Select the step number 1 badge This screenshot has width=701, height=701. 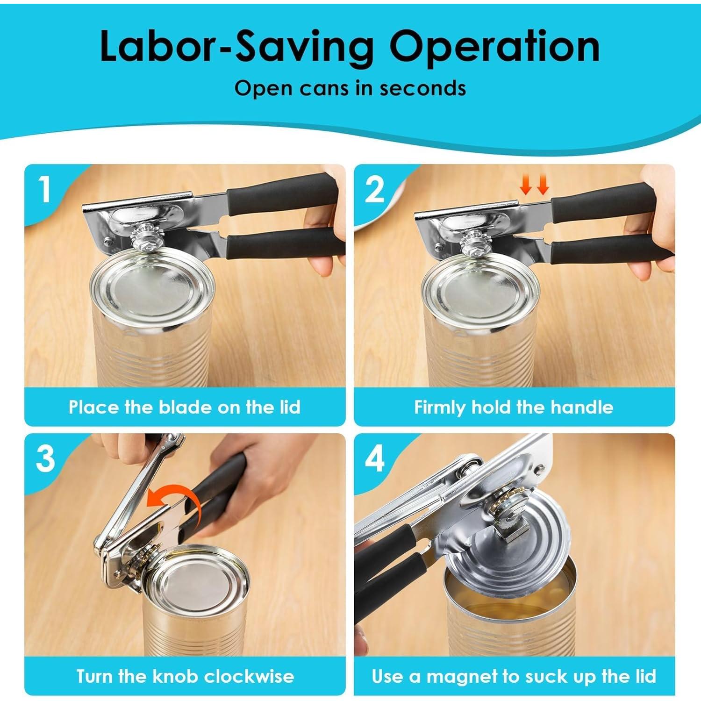(45, 189)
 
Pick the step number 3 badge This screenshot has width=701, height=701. (45, 458)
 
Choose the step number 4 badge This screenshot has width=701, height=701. (374, 458)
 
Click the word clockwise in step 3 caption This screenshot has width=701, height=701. (249, 676)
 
